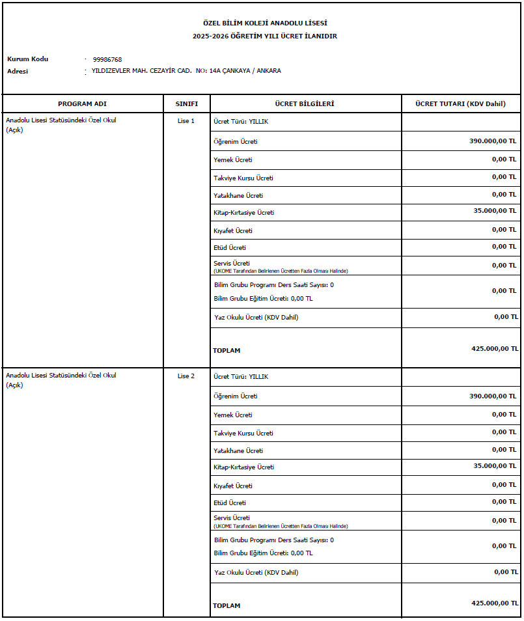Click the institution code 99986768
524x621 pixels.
click(x=107, y=59)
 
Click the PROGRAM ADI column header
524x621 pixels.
click(x=82, y=104)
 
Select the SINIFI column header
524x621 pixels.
click(x=186, y=104)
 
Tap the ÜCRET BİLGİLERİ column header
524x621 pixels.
click(x=305, y=104)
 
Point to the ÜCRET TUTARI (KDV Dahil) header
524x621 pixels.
click(x=461, y=104)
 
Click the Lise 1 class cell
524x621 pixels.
click(x=186, y=121)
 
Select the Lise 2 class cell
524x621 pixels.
click(x=186, y=376)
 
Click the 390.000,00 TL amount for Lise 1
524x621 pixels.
click(x=493, y=141)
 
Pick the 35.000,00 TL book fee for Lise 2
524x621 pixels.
click(x=493, y=465)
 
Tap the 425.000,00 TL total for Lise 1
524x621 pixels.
click(x=495, y=348)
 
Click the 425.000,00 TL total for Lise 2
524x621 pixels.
click(x=495, y=603)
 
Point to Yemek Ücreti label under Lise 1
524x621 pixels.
click(x=233, y=159)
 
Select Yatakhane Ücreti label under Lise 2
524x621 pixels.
click(x=238, y=450)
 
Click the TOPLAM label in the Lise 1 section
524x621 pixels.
click(x=227, y=351)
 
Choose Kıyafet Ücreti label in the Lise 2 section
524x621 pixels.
click(x=233, y=486)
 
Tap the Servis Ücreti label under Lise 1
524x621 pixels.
click(x=232, y=263)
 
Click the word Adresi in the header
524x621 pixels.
click(x=18, y=71)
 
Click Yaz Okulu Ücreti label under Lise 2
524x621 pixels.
click(x=256, y=573)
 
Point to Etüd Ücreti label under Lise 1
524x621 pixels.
click(x=230, y=248)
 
